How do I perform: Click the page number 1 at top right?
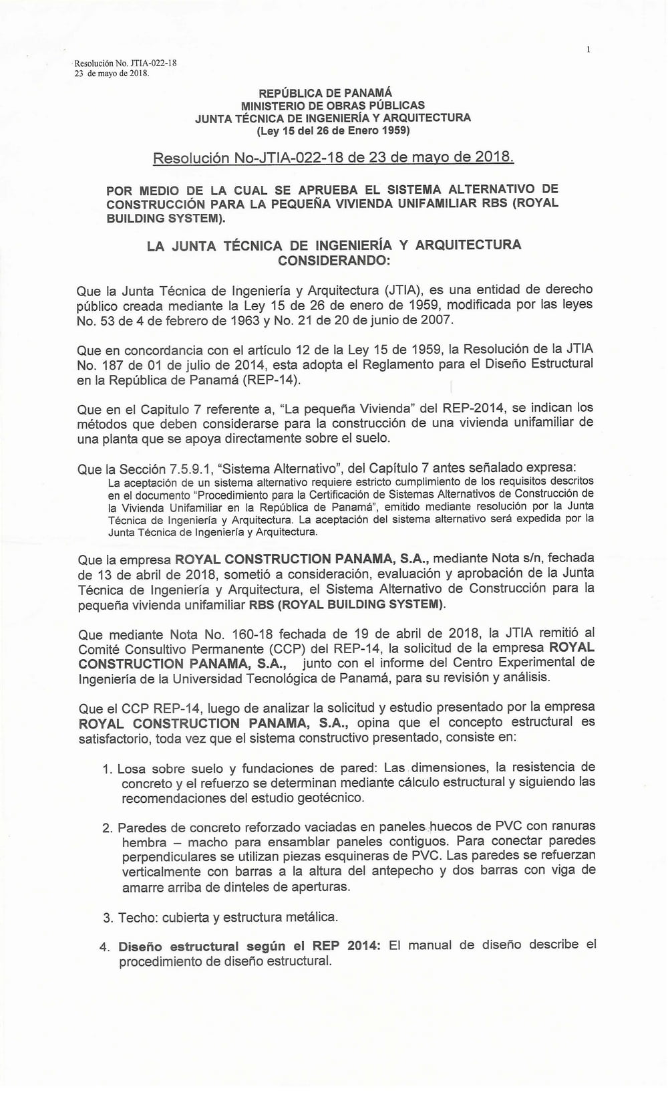(x=589, y=49)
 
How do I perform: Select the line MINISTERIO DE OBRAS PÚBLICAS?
(x=333, y=105)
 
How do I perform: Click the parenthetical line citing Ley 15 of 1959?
(x=333, y=130)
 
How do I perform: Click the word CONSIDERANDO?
(x=333, y=260)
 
